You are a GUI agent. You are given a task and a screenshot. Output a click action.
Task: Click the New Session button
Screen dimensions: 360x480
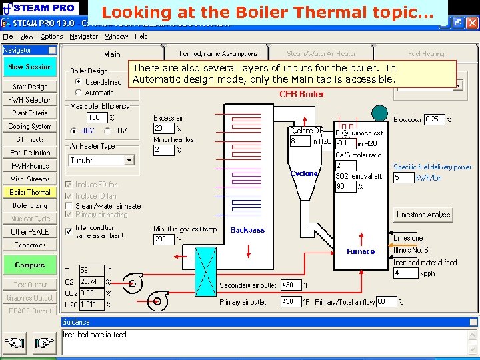coord(30,67)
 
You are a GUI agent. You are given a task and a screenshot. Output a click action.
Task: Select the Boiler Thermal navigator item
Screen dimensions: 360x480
coord(30,193)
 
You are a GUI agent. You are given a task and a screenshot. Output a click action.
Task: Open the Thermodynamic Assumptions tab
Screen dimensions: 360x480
coord(216,53)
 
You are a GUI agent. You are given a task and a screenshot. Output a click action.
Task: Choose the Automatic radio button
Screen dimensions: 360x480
coord(79,93)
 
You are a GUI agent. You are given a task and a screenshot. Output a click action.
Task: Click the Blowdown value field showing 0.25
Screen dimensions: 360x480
coord(434,119)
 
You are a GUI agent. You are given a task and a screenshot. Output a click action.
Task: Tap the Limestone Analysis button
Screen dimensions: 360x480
coord(423,215)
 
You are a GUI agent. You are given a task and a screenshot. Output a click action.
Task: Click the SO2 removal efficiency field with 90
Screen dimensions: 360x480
coord(345,187)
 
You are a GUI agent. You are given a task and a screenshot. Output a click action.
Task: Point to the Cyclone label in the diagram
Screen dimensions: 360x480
coord(304,173)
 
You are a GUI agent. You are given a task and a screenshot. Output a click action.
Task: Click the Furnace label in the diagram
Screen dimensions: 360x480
coord(361,252)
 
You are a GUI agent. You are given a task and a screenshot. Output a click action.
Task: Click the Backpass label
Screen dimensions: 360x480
coord(247,231)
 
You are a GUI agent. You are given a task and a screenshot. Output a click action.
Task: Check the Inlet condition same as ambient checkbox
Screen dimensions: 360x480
coord(69,231)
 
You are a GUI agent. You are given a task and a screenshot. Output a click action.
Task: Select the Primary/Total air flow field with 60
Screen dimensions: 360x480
coord(386,302)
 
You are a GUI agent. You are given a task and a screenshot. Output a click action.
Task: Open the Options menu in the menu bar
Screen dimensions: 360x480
coord(51,37)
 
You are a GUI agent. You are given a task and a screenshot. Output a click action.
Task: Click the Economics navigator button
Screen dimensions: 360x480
coord(30,245)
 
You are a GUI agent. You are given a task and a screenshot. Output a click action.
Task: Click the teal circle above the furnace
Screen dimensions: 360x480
coord(379,113)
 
